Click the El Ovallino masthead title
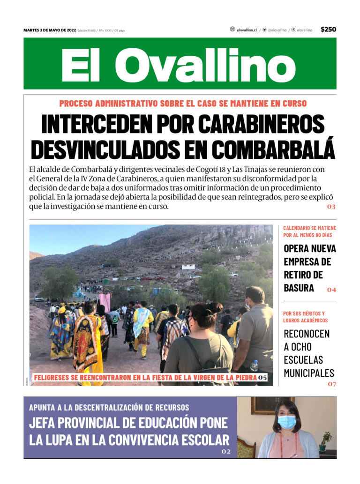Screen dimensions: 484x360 (x=180, y=65)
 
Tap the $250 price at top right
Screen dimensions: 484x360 (x=328, y=30)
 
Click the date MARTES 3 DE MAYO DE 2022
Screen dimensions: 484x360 (x=50, y=30)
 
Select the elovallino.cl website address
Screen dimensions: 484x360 (x=247, y=30)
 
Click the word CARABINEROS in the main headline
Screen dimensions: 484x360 (x=261, y=124)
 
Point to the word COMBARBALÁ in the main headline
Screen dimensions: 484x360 (x=274, y=149)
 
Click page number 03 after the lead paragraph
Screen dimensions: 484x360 (x=331, y=207)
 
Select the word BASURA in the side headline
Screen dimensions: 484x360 (x=299, y=288)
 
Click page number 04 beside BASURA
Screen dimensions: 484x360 (x=331, y=290)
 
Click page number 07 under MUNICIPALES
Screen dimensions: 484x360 (x=332, y=384)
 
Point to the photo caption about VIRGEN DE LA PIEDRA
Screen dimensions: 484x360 (x=145, y=377)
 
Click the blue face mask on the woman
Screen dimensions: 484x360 (x=286, y=422)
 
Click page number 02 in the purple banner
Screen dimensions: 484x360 (x=226, y=452)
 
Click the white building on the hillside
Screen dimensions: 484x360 (x=188, y=267)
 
